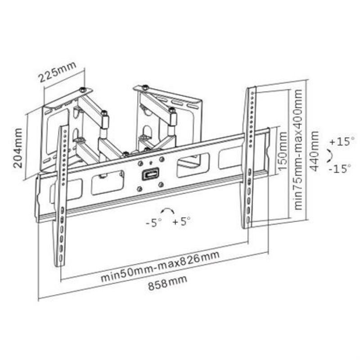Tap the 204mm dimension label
(18, 148)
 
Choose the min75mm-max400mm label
(298, 148)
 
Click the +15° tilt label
(341, 141)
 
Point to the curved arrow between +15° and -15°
(331, 155)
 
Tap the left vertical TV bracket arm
(63, 193)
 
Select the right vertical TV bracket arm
(250, 157)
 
